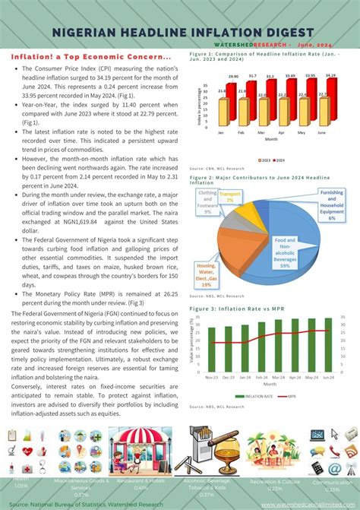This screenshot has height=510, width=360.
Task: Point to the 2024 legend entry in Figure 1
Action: (x=280, y=160)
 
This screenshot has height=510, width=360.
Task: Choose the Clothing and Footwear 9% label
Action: (x=209, y=204)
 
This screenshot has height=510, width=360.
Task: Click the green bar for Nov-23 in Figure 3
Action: (x=211, y=349)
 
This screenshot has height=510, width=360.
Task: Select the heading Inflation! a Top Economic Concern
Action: (x=90, y=58)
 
